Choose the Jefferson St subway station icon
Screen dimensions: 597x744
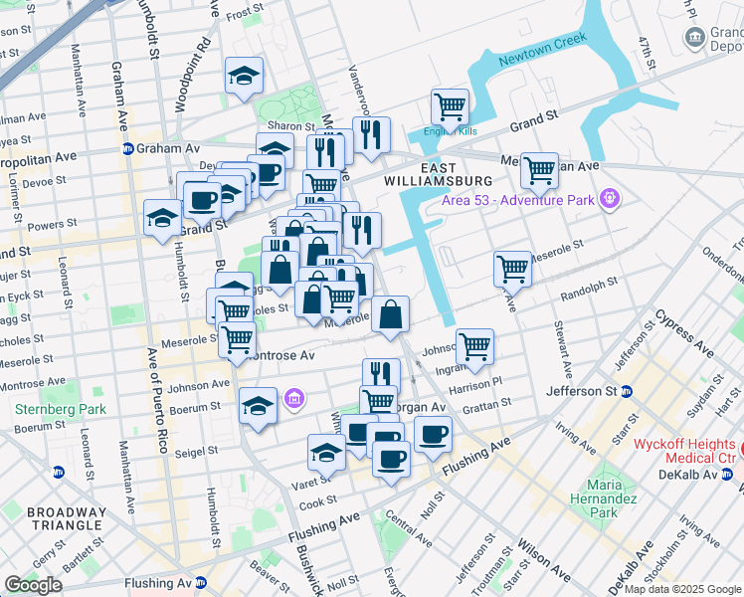[628, 391]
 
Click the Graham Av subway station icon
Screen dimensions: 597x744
[128, 149]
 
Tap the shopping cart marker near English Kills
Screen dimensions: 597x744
[450, 106]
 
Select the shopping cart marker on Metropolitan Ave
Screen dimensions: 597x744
[539, 169]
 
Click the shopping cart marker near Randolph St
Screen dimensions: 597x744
[512, 268]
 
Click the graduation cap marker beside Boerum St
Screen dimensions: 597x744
[258, 405]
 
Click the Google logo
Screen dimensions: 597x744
[33, 585]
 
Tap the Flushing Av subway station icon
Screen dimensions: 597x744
[202, 583]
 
